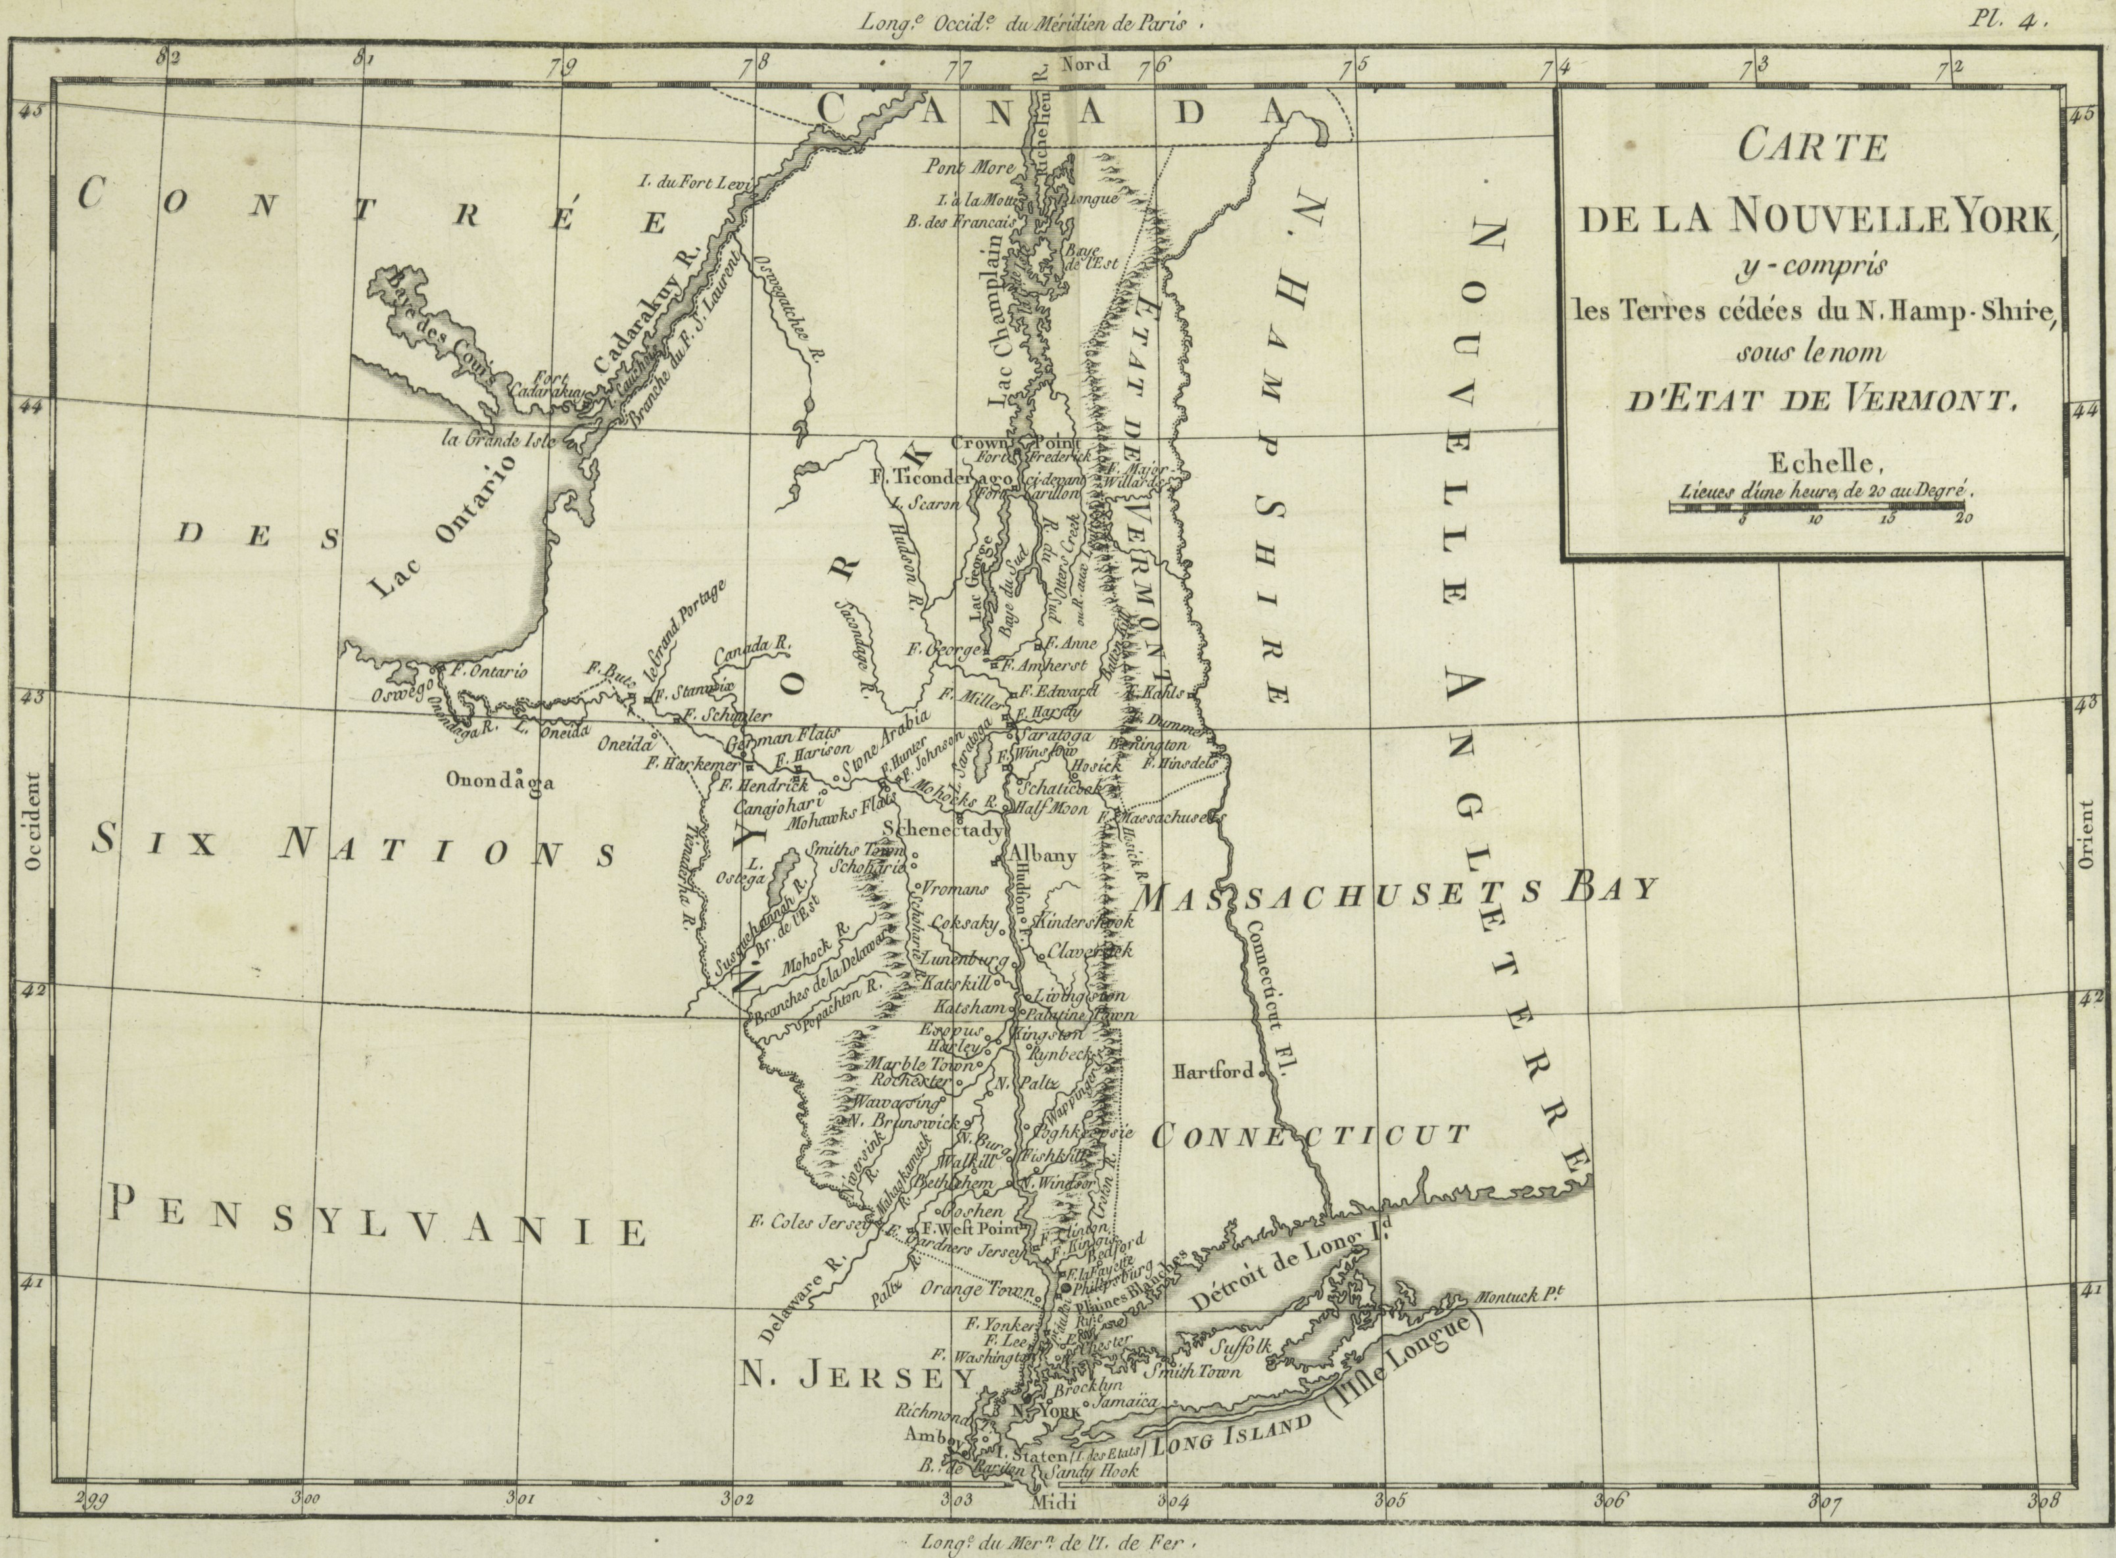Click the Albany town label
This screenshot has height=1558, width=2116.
tap(1042, 857)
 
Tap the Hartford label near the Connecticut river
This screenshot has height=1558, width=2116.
tap(1213, 1072)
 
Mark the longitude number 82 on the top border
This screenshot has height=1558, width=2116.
tap(169, 57)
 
